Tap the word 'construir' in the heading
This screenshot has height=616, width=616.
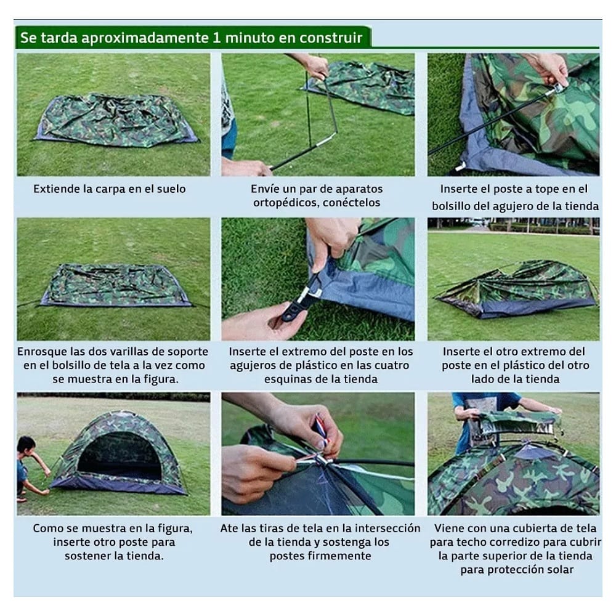(x=331, y=38)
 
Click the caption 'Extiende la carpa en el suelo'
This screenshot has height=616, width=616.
(x=109, y=189)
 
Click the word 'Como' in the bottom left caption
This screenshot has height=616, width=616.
(x=47, y=529)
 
